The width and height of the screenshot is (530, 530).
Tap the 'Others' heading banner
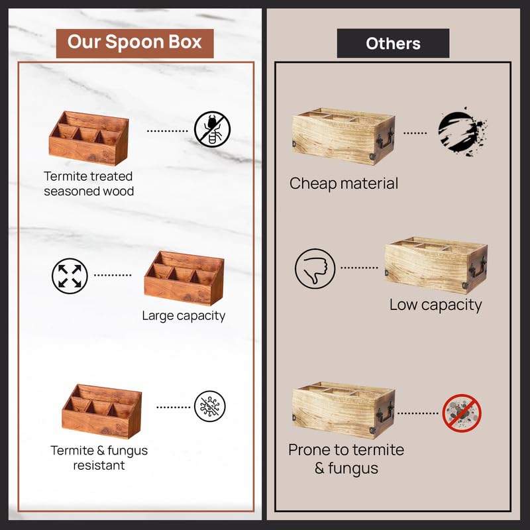tap(393, 44)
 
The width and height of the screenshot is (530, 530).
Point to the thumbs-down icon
tap(315, 268)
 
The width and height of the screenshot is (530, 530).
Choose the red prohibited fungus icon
tap(462, 413)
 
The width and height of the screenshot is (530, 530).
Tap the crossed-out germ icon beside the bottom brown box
tap(209, 406)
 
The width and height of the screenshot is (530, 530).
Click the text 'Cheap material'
tap(344, 184)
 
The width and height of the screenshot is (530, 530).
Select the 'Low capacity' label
tap(435, 305)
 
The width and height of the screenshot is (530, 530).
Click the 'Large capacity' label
tap(184, 315)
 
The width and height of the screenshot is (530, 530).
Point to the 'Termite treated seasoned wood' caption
tap(88, 184)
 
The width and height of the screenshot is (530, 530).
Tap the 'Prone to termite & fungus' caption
tap(346, 458)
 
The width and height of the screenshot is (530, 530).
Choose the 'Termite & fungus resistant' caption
tap(99, 457)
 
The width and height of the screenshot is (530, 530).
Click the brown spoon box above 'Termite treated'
tap(88, 138)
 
